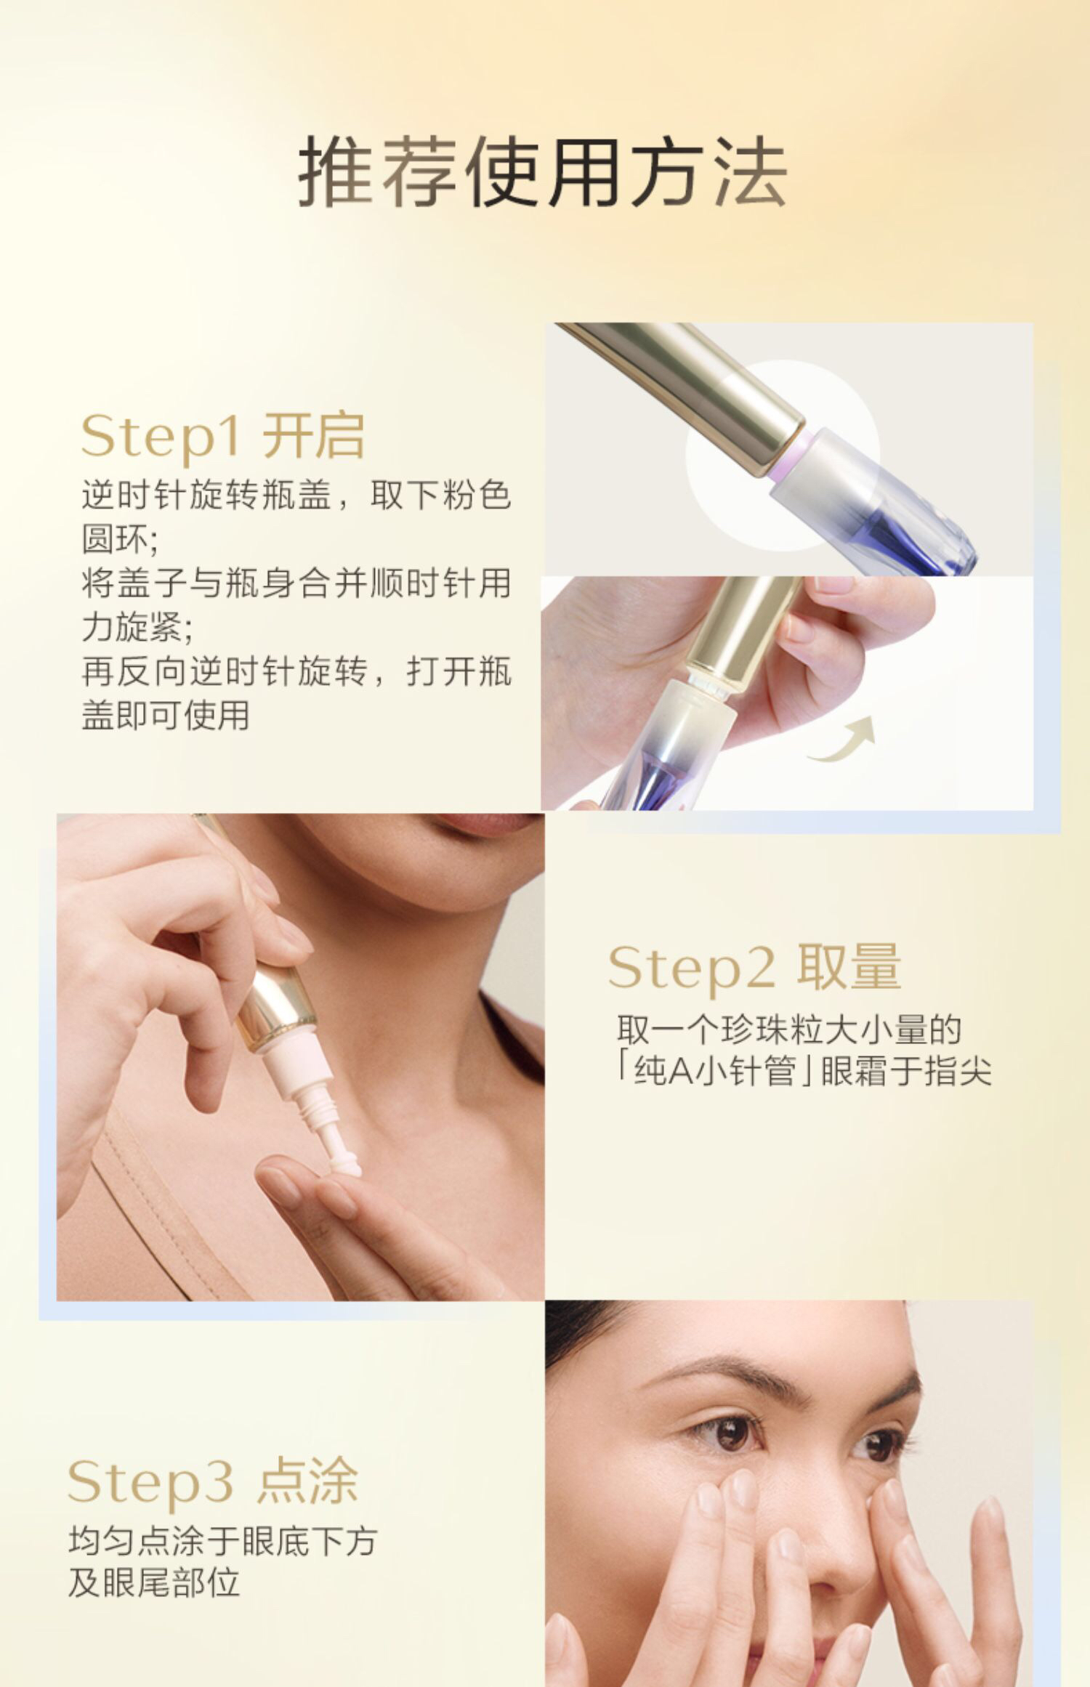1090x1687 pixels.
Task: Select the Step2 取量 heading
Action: [x=754, y=968]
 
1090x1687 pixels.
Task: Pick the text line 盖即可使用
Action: [x=166, y=716]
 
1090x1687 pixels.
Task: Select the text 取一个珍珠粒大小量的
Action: [x=789, y=1030]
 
